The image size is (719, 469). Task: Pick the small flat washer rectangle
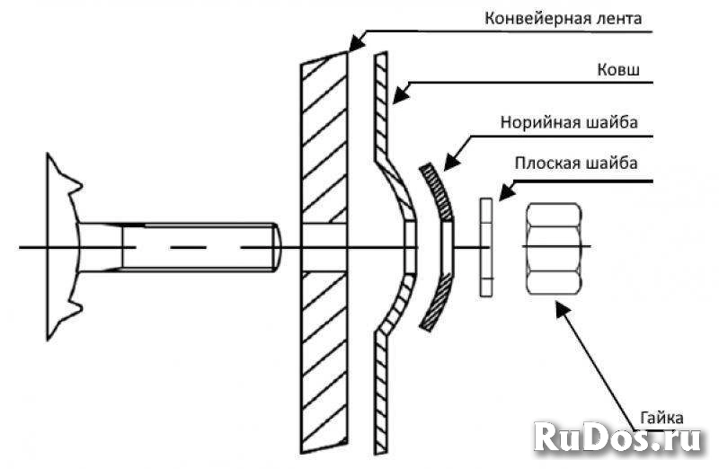(486, 248)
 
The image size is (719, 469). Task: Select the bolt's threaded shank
(198, 247)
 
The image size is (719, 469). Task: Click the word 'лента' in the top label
(619, 18)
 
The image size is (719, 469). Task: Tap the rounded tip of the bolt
(277, 248)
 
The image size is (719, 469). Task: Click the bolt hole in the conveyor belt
(324, 248)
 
